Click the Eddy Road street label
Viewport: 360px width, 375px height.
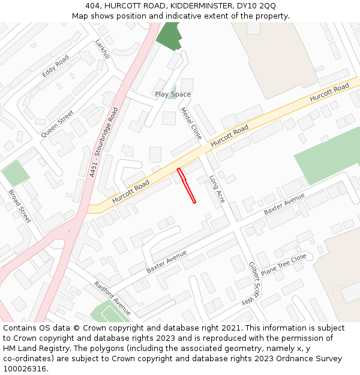(55, 67)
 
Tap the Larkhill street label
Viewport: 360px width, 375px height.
(103, 49)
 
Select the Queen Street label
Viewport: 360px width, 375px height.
(58, 124)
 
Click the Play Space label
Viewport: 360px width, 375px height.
(173, 94)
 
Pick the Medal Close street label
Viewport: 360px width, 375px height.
(191, 123)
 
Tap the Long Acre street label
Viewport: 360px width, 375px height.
(217, 188)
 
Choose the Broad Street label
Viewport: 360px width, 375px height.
(20, 206)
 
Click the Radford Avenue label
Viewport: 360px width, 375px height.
(112, 298)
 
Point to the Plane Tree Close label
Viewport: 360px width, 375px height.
(284, 264)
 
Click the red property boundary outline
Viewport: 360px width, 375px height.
(187, 186)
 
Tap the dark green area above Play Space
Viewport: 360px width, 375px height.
(169, 36)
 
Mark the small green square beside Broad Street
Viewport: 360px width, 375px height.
(15, 173)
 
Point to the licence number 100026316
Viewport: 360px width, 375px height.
(25, 368)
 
